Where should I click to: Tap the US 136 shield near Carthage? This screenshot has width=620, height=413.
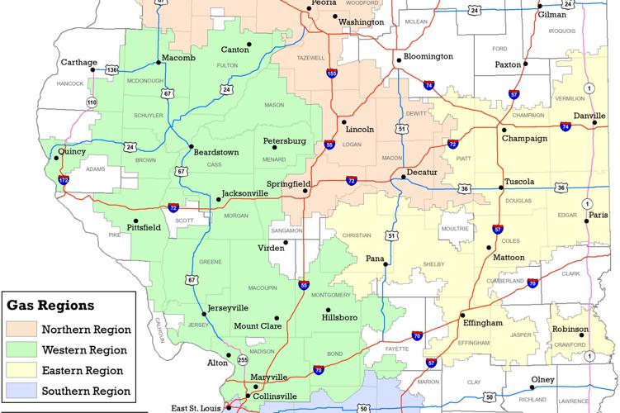111,70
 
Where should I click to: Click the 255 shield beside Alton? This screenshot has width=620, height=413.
243,360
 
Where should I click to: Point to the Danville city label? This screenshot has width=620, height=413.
589,116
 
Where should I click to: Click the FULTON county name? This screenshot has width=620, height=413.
227,65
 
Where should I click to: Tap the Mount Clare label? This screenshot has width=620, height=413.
258,326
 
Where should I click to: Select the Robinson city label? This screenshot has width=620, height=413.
570,329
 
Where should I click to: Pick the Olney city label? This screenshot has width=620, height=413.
543,379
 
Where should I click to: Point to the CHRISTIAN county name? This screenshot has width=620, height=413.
357,235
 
